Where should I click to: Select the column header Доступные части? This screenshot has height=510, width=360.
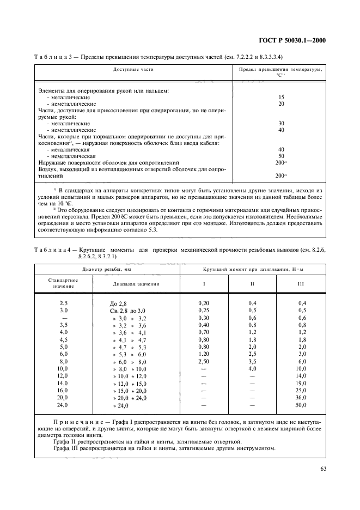(x=133, y=70)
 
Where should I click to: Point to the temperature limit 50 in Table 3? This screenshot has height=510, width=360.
(x=281, y=155)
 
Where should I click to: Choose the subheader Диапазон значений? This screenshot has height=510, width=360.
(x=136, y=284)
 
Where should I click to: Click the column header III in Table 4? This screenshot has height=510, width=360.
(x=301, y=284)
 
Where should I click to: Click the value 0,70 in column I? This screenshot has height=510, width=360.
(x=204, y=332)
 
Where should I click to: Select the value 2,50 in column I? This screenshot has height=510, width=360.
(x=204, y=361)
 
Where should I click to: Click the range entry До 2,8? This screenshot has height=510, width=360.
(x=118, y=303)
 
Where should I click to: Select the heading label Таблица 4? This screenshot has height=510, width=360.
(x=53, y=250)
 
